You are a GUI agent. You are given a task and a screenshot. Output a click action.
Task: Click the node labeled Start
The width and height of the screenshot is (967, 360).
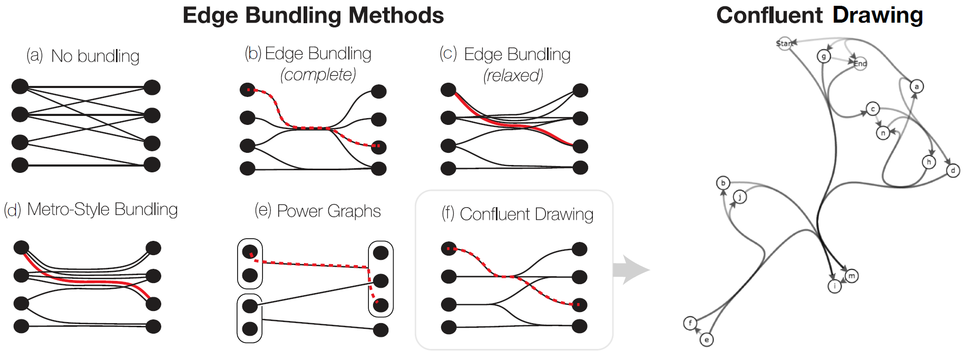click(784, 43)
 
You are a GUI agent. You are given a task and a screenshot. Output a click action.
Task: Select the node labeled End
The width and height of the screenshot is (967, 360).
click(860, 64)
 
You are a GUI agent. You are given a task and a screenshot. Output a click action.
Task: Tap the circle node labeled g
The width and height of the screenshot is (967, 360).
click(824, 56)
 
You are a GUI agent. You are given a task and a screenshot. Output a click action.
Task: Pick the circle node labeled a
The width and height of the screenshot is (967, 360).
click(916, 86)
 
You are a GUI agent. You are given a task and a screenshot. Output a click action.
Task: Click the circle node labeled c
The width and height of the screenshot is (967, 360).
click(873, 109)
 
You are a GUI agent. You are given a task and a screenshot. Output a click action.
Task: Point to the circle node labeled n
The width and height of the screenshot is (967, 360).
click(883, 133)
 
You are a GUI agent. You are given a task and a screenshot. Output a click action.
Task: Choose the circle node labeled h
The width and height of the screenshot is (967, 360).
click(929, 162)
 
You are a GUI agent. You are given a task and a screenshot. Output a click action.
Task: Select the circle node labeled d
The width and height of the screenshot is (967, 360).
click(953, 170)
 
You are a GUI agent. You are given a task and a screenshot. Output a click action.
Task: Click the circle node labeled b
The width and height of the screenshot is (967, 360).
click(723, 183)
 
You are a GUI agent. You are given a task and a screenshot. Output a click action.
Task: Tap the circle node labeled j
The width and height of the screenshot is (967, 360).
click(740, 197)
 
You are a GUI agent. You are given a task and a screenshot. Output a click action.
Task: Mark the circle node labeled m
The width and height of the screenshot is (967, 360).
click(852, 276)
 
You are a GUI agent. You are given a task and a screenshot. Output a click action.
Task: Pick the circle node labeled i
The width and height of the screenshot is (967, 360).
click(835, 286)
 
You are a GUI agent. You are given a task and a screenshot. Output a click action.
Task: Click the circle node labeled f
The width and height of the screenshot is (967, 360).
click(690, 323)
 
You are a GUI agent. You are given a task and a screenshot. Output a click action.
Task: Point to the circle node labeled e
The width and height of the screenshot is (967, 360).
click(707, 339)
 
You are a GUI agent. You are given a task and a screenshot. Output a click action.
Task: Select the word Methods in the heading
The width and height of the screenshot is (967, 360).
click(396, 15)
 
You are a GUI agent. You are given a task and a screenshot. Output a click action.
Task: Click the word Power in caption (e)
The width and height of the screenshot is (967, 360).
click(299, 211)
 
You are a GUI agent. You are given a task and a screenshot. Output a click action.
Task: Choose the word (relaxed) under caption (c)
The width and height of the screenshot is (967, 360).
click(513, 75)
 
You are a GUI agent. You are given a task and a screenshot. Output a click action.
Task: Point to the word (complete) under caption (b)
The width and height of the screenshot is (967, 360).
click(318, 74)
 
